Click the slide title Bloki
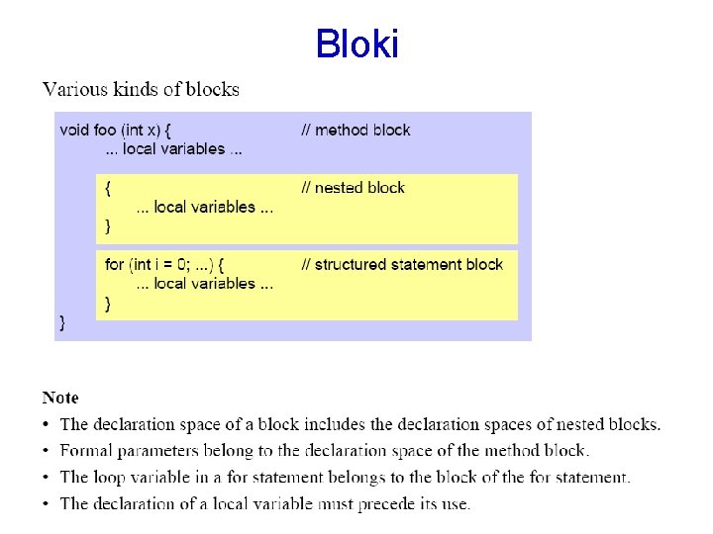356,44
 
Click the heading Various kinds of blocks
141,90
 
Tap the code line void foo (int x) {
116,130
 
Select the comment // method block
356,130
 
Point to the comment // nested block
353,187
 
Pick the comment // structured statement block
401,264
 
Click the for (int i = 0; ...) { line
164,264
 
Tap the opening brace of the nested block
108,187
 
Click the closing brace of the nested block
108,225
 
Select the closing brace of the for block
108,303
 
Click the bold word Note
60,398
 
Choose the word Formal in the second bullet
86,451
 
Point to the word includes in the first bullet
333,424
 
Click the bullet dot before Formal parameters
47,451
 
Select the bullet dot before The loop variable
47,478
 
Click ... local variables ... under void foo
174,149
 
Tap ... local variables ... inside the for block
204,284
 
